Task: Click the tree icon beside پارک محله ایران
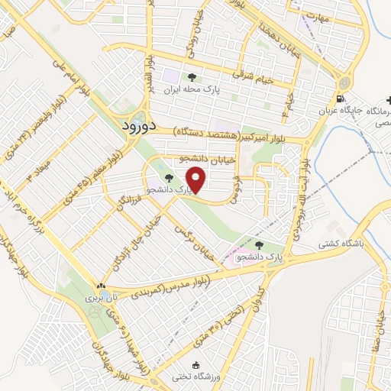tap(192, 76)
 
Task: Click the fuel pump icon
tap(340, 99)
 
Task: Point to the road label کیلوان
tap(266, 294)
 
